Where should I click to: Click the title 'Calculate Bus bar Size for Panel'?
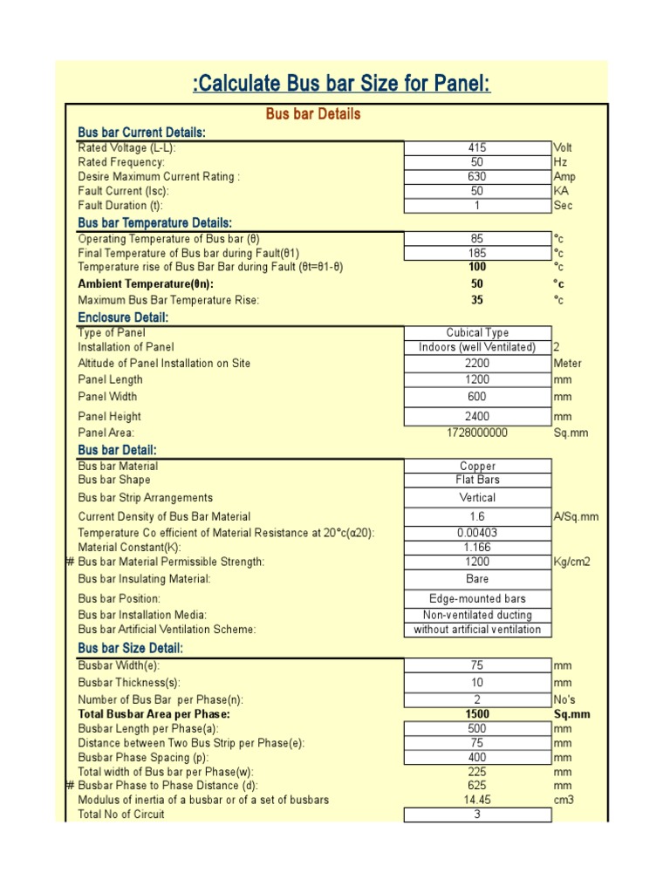(341, 84)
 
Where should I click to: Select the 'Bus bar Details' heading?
(312, 114)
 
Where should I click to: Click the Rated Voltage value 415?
(477, 148)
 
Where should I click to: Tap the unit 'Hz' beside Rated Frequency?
(560, 162)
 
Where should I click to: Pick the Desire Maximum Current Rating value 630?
(477, 177)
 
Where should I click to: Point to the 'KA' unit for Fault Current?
(561, 191)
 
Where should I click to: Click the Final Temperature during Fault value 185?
(477, 253)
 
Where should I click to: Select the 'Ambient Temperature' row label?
(146, 284)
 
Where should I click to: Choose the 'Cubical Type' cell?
(477, 333)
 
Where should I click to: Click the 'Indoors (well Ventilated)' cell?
(477, 347)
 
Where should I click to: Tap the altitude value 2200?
(477, 363)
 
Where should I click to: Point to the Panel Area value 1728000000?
(477, 433)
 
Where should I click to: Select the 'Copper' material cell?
(477, 467)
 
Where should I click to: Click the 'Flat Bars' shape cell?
(477, 480)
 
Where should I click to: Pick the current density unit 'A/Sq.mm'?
(576, 516)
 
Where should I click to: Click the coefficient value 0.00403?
(477, 532)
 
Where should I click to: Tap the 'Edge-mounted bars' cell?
(477, 599)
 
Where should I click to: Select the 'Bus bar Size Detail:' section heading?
(131, 648)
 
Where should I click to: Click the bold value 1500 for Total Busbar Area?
(477, 714)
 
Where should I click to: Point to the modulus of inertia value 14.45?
(477, 800)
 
